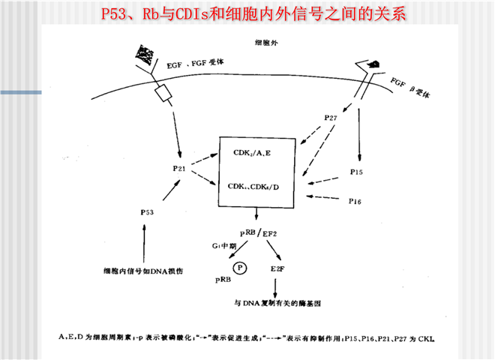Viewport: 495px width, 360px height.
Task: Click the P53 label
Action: click(x=147, y=213)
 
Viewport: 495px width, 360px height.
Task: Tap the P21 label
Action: click(x=178, y=169)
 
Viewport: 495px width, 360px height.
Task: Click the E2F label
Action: click(x=276, y=267)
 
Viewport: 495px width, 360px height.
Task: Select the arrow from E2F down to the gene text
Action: click(x=276, y=285)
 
